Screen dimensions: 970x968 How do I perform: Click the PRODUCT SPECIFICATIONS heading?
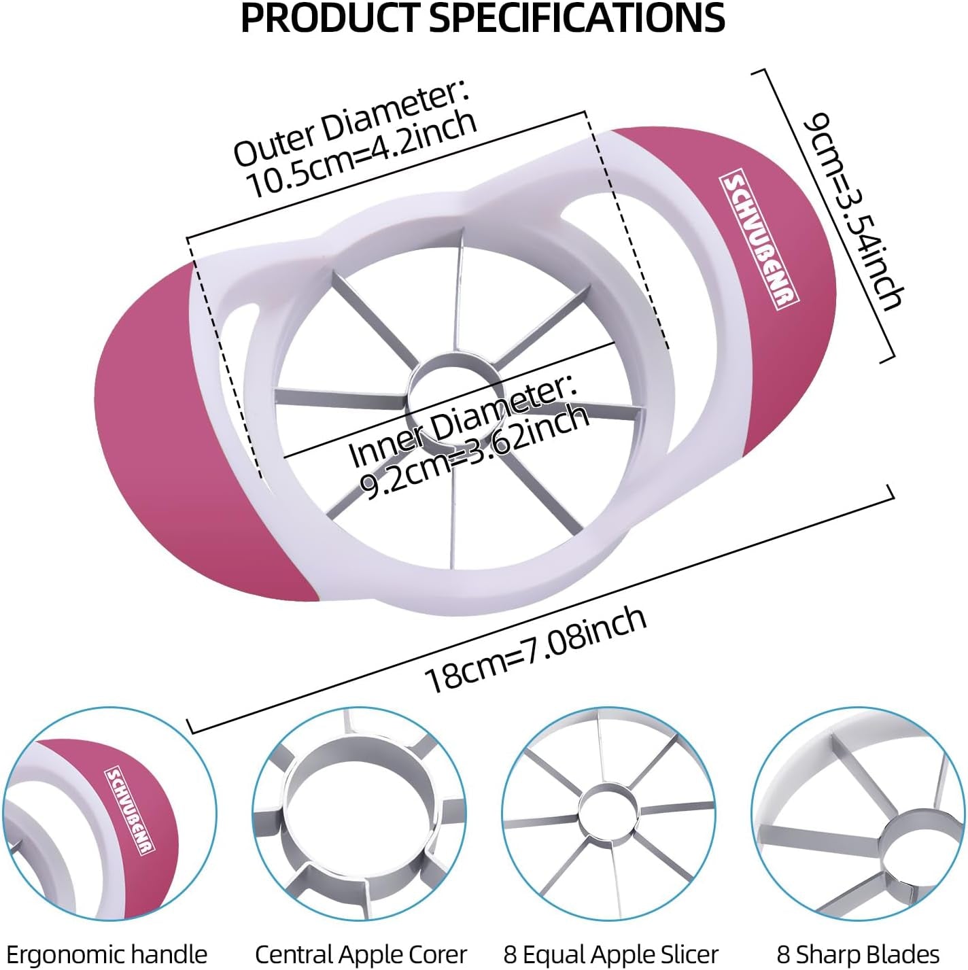[x=483, y=18]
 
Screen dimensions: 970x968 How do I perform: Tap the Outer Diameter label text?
[x=350, y=124]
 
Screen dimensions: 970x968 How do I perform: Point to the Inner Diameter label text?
[x=462, y=421]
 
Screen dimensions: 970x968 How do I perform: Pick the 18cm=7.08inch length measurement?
[x=535, y=648]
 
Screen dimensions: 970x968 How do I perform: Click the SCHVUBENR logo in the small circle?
[x=131, y=810]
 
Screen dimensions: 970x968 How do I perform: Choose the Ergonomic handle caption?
[x=107, y=954]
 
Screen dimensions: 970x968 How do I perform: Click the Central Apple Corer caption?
[x=361, y=954]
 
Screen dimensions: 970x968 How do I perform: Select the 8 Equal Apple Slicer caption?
[x=611, y=954]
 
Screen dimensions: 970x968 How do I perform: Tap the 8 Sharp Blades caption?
[x=858, y=954]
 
